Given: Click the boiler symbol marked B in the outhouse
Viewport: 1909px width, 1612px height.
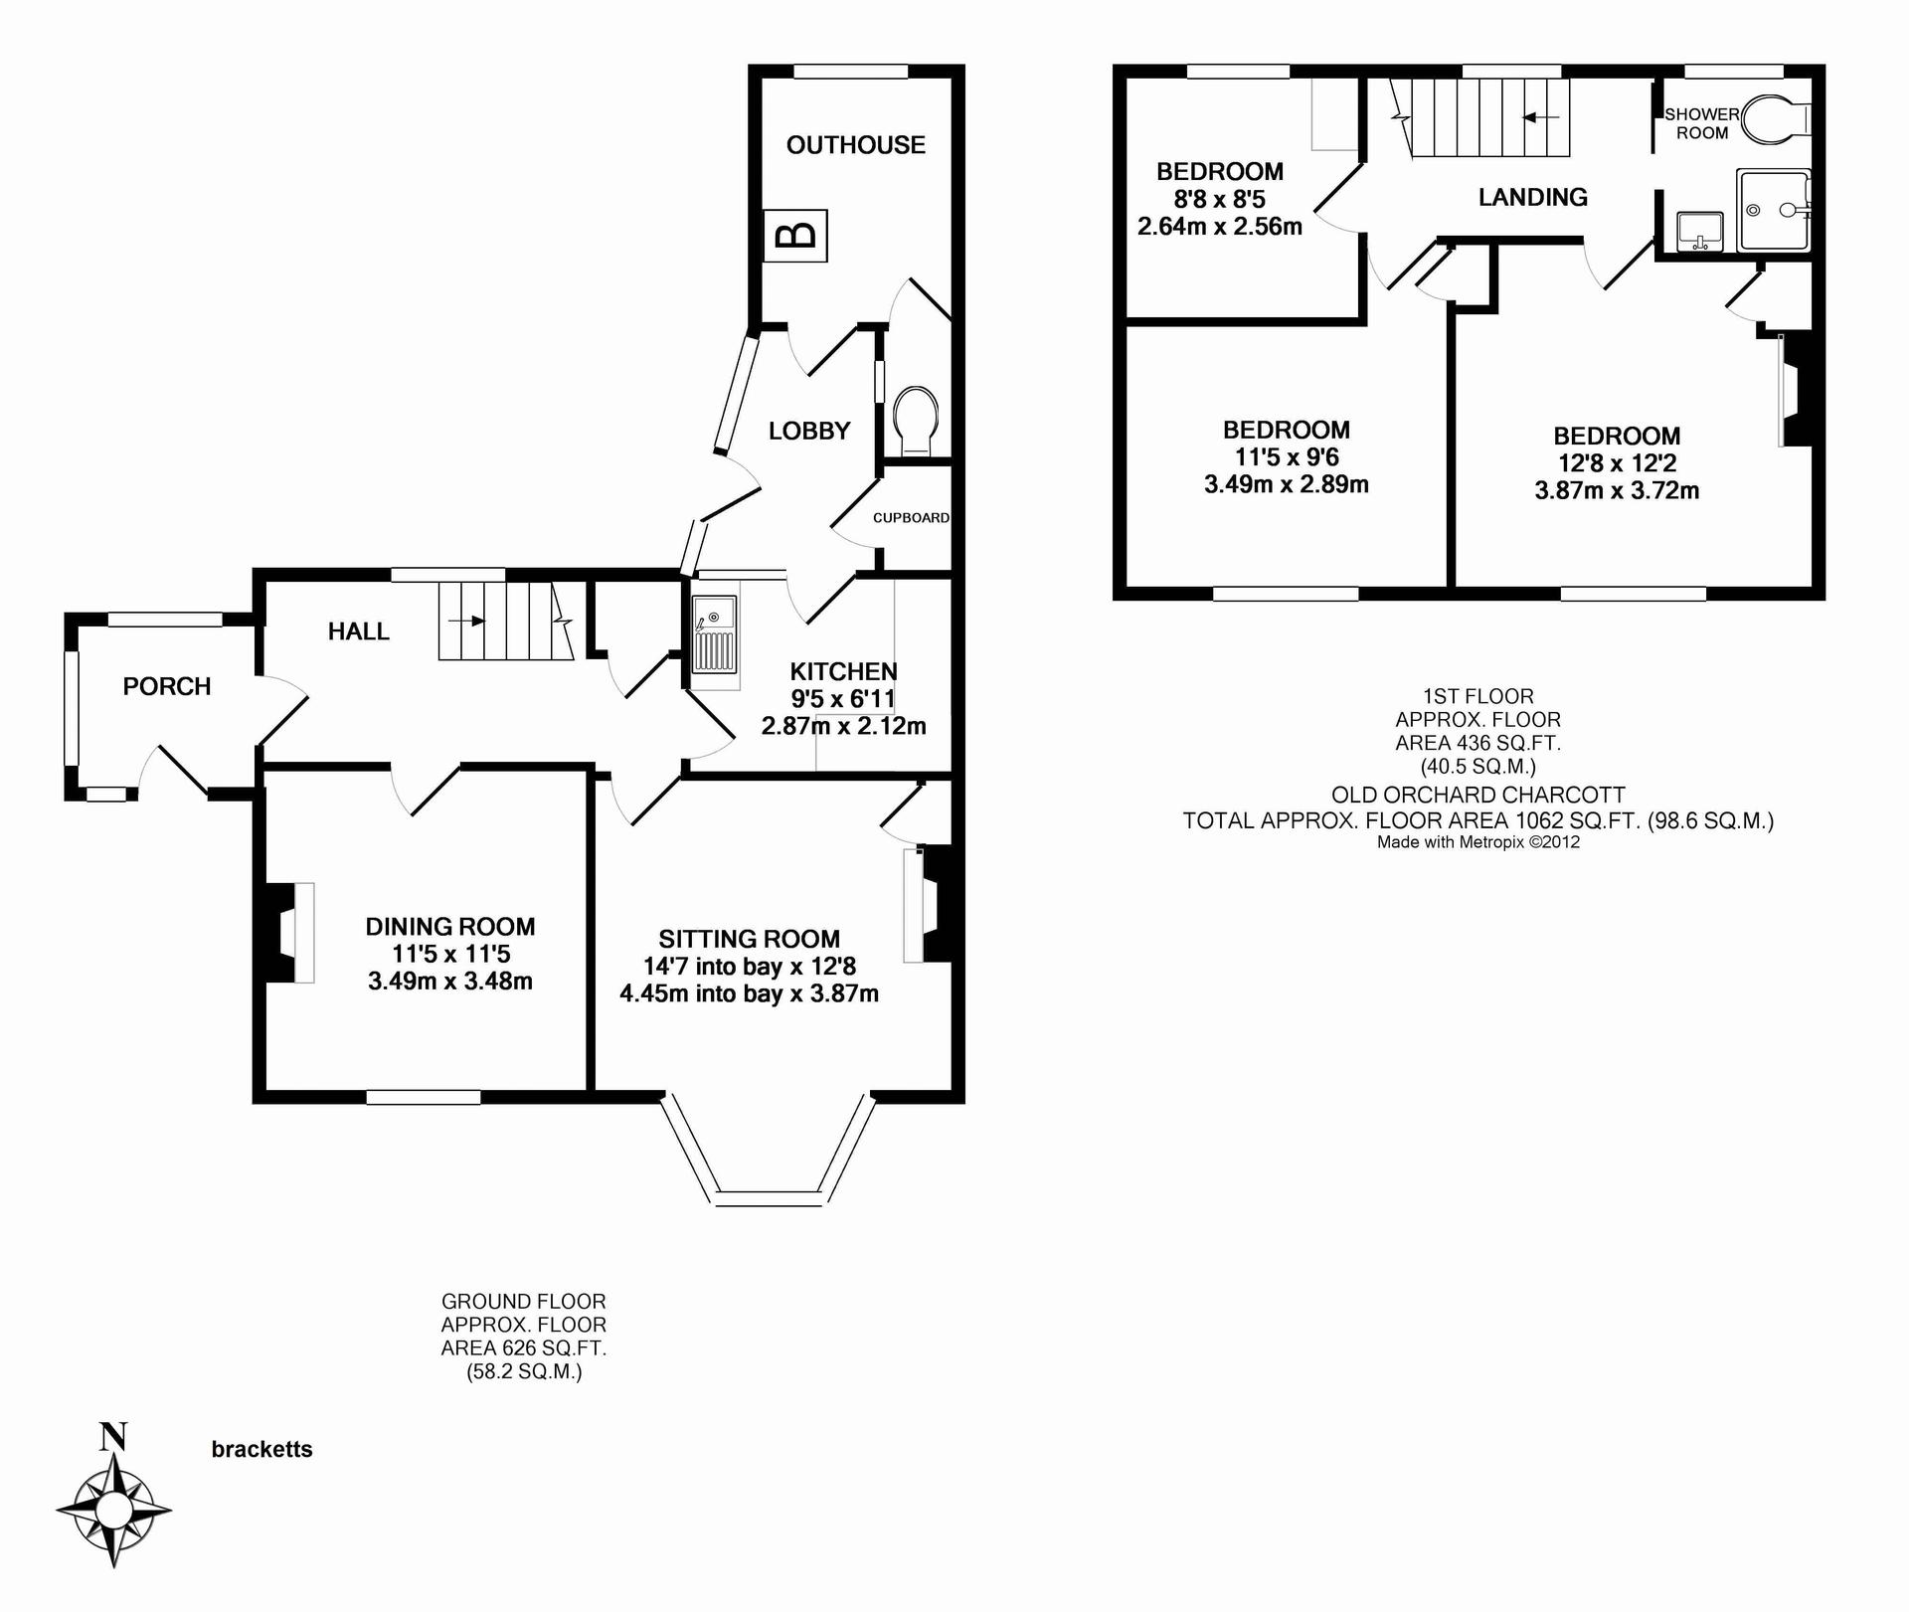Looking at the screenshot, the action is (794, 236).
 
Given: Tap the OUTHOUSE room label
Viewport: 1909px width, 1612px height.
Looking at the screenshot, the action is (855, 145).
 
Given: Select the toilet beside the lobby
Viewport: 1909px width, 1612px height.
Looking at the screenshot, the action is (916, 421).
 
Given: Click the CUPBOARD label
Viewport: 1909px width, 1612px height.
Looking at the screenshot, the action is (911, 518).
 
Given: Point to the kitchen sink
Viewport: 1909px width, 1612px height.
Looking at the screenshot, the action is (715, 641).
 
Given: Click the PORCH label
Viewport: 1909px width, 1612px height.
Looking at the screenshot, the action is (167, 686).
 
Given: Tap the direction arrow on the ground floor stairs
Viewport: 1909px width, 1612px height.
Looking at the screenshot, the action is (467, 622).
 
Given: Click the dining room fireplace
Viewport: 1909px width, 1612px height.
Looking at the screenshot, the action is (286, 933).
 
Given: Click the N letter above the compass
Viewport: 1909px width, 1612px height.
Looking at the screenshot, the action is (113, 1437).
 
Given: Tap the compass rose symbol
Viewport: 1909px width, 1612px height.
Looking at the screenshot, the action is (113, 1512).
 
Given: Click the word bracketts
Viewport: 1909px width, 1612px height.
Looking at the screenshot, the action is (261, 1450).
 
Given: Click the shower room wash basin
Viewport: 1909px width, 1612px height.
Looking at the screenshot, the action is (1699, 231).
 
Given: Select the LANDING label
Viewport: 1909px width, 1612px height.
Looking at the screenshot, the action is (1532, 197).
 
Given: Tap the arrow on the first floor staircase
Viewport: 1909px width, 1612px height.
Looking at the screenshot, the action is (1541, 117).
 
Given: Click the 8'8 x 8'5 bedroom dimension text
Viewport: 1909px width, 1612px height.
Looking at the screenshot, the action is (1219, 199).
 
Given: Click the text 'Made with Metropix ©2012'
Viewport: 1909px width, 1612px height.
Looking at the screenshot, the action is (1478, 842).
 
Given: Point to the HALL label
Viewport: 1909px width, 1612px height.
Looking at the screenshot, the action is (359, 631).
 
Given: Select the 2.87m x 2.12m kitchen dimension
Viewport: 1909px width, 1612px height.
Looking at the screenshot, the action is (843, 726).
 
